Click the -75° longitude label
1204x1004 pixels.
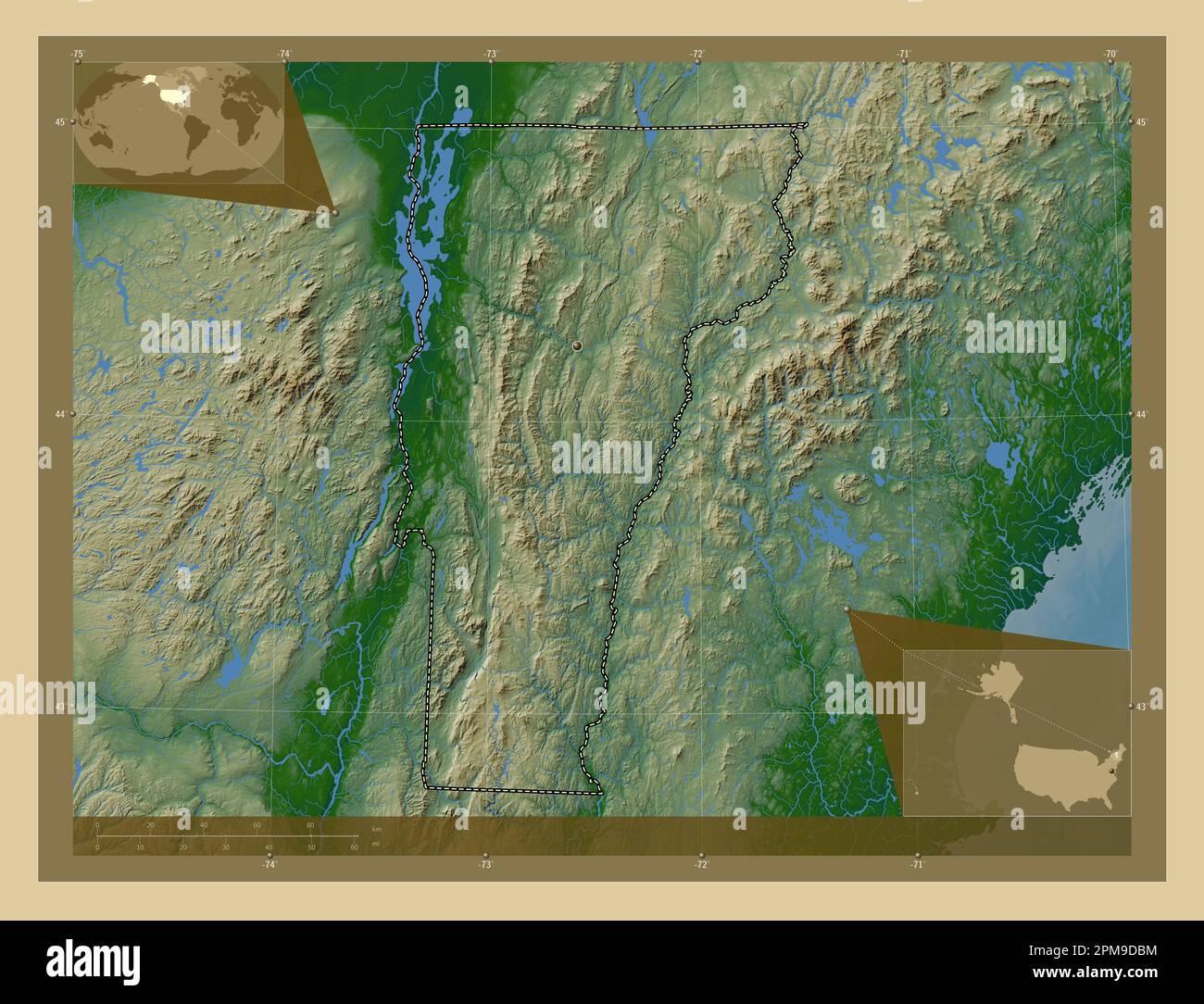[78, 55]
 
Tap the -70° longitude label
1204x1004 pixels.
[1110, 55]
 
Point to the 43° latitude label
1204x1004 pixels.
[1141, 707]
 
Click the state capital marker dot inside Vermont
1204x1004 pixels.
[577, 345]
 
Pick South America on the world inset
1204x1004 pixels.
[194, 135]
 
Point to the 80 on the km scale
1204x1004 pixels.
[310, 824]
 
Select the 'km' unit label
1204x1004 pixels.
[375, 828]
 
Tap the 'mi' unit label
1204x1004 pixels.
[374, 845]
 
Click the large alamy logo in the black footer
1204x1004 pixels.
[94, 961]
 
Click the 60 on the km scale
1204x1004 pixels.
[257, 824]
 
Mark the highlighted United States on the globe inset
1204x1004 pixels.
[172, 94]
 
